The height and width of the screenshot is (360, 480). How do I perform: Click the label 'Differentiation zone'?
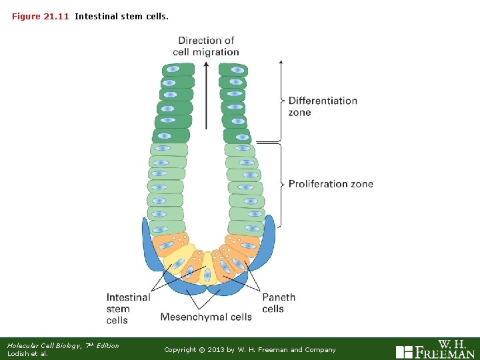[x=322, y=107]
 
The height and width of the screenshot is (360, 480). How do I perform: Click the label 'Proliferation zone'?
[x=331, y=184]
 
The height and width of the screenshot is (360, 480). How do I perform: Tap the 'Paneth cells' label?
[x=278, y=303]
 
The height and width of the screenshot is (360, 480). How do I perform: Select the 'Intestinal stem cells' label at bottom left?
[x=128, y=309]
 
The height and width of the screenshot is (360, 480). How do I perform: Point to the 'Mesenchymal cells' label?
[x=206, y=317]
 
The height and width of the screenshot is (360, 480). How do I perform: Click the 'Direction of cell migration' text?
[x=206, y=46]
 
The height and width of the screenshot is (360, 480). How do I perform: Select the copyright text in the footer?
[x=250, y=349]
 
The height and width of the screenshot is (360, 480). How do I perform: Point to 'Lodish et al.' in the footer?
[x=27, y=354]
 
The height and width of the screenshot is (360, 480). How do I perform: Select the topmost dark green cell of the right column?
[x=233, y=69]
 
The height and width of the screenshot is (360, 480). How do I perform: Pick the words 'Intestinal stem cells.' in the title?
[x=121, y=16]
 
